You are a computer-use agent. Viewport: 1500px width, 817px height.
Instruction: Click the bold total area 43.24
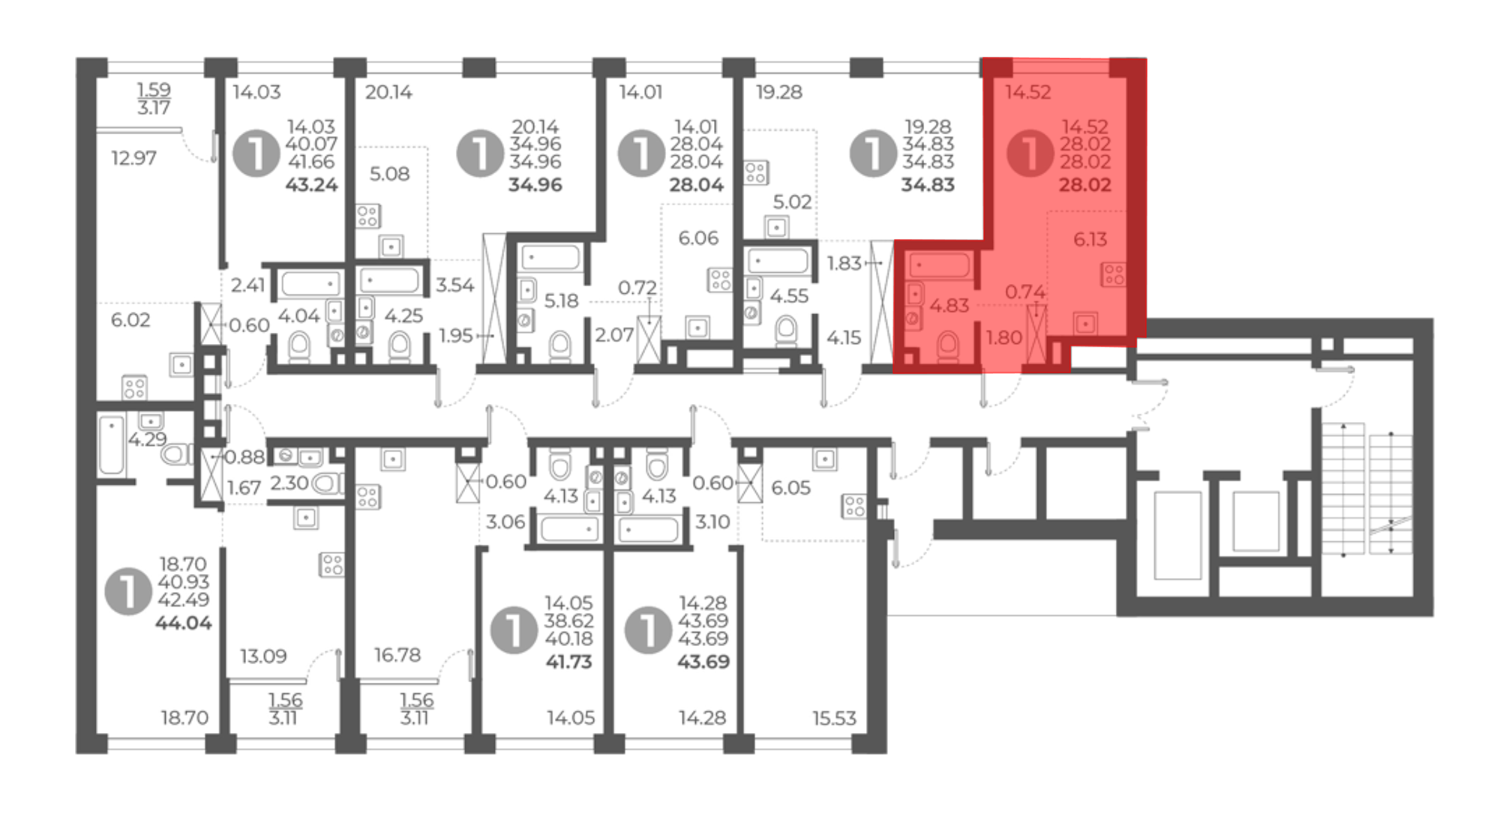coord(311,184)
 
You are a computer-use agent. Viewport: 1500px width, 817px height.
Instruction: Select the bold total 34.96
coord(535,184)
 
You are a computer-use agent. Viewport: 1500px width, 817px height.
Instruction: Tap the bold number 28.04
coord(696,184)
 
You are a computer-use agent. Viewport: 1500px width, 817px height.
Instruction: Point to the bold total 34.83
coord(928,184)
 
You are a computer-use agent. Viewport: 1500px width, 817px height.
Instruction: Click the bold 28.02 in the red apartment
coord(1084,184)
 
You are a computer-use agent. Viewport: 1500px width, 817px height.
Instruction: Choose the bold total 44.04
coord(183,623)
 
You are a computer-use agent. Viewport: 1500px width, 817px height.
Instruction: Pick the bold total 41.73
coord(568,662)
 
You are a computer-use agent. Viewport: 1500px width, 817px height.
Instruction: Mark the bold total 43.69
coord(703,662)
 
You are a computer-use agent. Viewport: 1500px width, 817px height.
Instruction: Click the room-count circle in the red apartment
coord(1030,153)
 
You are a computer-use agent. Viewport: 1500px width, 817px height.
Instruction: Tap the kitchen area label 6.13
coord(1090,239)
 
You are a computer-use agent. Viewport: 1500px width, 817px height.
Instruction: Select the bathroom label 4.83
coord(949,306)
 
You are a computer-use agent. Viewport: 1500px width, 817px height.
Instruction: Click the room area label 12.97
coord(133,158)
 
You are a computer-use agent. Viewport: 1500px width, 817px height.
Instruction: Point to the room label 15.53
coord(834,718)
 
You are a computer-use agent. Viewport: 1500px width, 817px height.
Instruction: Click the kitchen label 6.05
coord(790,488)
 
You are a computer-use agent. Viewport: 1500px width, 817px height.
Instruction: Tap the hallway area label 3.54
coord(454,285)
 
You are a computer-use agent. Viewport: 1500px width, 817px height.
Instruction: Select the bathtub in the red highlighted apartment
coord(940,265)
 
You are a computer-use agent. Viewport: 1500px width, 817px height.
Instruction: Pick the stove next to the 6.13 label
coord(1113,274)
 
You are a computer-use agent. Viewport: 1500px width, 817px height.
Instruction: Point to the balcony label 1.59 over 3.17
coord(154,98)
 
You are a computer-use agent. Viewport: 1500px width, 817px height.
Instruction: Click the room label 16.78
coord(397,655)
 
